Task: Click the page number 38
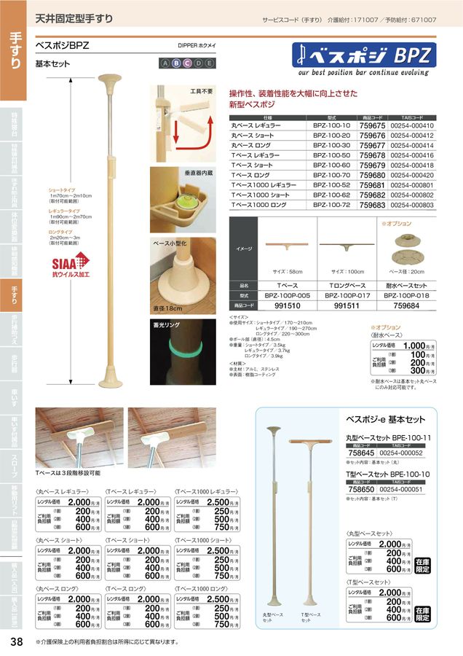[16, 641]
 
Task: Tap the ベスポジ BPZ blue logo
[371, 55]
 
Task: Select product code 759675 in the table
[372, 125]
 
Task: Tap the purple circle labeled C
[187, 63]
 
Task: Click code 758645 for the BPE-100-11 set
[361, 452]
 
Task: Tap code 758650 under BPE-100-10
[361, 493]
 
